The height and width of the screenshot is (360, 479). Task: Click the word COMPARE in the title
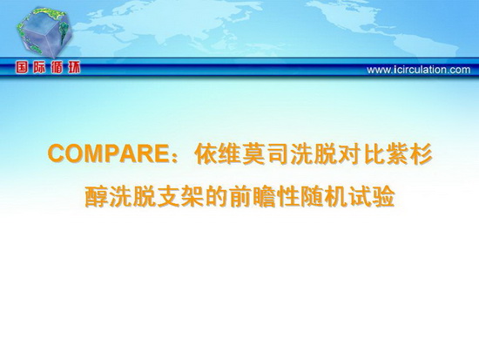(x=108, y=153)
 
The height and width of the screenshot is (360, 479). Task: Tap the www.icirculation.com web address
(x=419, y=70)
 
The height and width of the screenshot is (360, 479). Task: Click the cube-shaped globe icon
(x=44, y=33)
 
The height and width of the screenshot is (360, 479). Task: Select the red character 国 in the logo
(x=22, y=68)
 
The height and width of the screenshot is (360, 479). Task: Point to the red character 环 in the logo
(x=74, y=68)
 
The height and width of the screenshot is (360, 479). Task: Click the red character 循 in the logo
(x=57, y=68)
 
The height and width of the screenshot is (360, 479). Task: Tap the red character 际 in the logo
(x=39, y=68)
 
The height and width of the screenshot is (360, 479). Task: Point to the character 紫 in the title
(x=397, y=153)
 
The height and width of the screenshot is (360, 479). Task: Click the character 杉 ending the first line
(x=421, y=153)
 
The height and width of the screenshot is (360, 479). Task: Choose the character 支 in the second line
(x=168, y=196)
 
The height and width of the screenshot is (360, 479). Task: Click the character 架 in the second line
(x=192, y=196)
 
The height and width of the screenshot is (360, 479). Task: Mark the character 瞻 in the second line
(x=264, y=196)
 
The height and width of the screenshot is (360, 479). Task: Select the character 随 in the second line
(x=312, y=196)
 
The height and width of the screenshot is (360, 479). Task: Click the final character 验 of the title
(x=384, y=196)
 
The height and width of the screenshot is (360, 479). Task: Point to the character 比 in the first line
(x=373, y=153)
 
